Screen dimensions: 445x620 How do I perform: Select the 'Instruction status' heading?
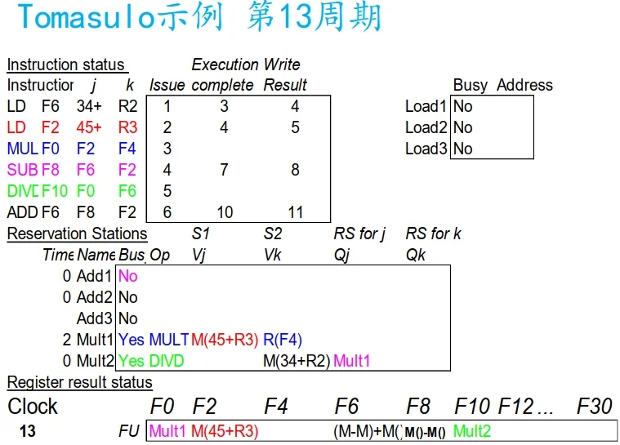[x=66, y=65]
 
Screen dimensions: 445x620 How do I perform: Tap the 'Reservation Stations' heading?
[x=77, y=234]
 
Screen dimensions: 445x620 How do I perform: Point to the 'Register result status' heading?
[x=79, y=382]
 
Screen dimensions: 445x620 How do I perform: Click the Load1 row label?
[x=426, y=106]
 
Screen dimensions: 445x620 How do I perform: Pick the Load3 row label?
[x=426, y=149]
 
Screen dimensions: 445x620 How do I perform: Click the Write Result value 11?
[x=295, y=212]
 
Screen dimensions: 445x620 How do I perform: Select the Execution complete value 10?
[x=224, y=212]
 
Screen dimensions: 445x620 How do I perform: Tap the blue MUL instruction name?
[x=21, y=149]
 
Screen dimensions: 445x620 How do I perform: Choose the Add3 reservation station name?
[x=95, y=318]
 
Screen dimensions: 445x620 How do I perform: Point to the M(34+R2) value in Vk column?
[x=297, y=359]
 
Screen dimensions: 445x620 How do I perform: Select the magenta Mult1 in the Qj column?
[x=352, y=359]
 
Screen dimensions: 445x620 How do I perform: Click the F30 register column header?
[x=595, y=406]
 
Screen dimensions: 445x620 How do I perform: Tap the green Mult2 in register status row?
[x=472, y=431]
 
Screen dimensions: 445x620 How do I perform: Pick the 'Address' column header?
[x=524, y=86]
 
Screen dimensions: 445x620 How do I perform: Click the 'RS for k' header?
[x=433, y=234]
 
